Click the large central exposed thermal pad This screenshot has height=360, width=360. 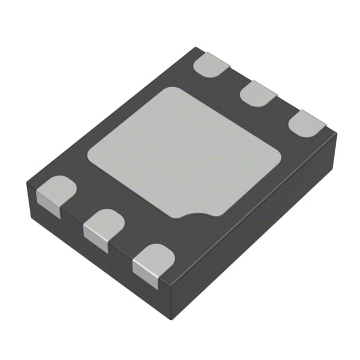pyautogui.click(x=186, y=152)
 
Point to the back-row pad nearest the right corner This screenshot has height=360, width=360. pyautogui.click(x=306, y=121)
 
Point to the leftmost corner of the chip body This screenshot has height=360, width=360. pyautogui.click(x=26, y=183)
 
